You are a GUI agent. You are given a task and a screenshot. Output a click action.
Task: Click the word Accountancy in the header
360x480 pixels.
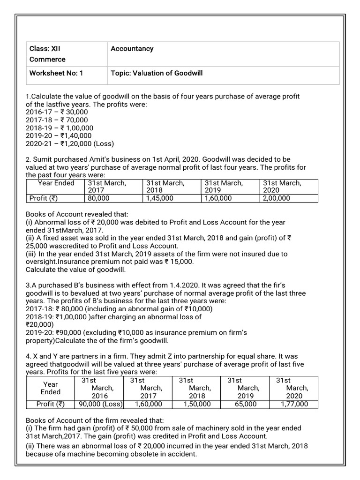click(132, 49)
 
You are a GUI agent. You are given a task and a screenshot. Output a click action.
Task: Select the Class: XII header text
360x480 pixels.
click(45, 49)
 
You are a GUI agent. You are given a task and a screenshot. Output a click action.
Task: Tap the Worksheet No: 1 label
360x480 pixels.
click(56, 73)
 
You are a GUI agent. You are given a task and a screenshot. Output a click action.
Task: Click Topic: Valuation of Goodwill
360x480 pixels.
click(157, 73)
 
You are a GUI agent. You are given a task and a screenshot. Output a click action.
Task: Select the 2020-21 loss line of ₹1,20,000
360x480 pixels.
click(70, 144)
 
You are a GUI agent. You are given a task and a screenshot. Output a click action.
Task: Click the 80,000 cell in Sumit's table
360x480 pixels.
click(98, 198)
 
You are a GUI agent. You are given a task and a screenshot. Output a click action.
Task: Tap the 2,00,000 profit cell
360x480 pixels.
click(277, 198)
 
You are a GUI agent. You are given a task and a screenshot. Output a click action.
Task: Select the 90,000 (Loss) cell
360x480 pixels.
click(100, 404)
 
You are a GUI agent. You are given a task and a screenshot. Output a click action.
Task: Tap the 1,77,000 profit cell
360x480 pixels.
click(292, 404)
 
